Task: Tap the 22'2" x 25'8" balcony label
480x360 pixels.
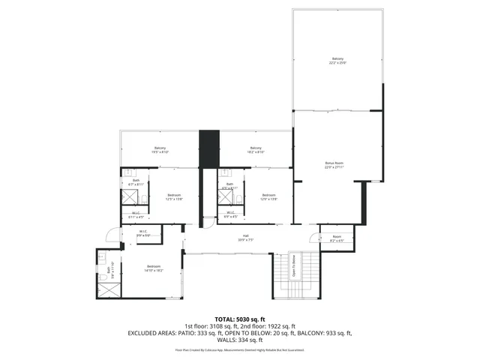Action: (x=337, y=61)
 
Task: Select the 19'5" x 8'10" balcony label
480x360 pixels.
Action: (x=160, y=150)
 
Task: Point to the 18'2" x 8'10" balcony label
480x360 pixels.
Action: (x=256, y=150)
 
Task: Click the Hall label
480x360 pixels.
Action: (x=245, y=238)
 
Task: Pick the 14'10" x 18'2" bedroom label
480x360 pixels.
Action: (x=154, y=268)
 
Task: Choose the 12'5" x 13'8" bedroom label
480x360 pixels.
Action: (x=174, y=197)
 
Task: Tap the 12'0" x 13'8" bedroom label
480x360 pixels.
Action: (x=268, y=197)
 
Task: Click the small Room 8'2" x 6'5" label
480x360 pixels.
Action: (x=337, y=239)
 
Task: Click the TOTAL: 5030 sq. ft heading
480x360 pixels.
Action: (x=240, y=319)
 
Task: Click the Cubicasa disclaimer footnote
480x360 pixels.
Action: (x=240, y=349)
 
